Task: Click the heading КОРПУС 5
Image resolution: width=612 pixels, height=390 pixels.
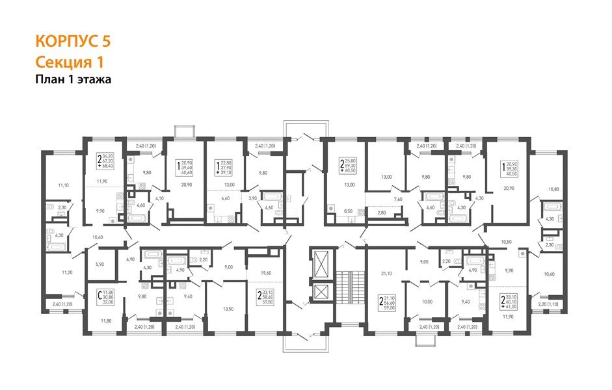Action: point(72,42)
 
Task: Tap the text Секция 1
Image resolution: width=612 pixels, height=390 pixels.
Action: point(69,62)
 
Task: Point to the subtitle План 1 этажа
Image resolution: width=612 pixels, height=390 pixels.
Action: point(73,80)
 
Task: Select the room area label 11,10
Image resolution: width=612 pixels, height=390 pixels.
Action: point(63,185)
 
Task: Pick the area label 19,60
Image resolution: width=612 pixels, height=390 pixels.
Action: point(265,274)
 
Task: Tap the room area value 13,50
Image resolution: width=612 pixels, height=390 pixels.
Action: point(228,309)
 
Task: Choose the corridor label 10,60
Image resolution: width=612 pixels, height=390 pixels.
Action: point(99,237)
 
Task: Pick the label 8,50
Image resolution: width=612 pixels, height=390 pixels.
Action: point(349,211)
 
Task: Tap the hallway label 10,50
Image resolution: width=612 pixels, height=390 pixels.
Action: point(507,242)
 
